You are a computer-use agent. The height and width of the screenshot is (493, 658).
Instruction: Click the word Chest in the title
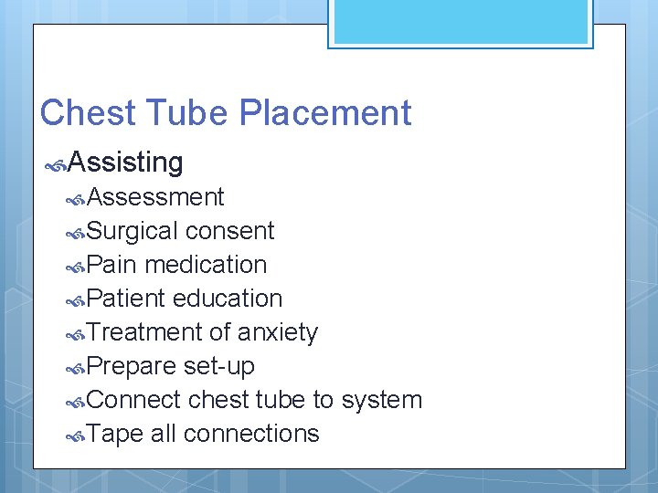88,113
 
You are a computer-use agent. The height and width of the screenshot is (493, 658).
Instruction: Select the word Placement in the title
325,113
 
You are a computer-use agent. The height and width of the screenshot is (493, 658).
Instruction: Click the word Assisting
125,163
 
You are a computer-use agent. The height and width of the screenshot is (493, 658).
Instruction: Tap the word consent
229,231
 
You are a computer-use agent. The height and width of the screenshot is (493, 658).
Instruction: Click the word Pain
112,265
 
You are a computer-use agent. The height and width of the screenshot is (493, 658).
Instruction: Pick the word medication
206,265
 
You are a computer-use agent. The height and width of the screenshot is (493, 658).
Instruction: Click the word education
228,299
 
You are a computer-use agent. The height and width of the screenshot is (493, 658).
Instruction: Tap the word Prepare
132,366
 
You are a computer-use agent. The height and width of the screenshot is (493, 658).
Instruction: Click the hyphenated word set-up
219,366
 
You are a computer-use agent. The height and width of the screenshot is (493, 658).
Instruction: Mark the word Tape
115,434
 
